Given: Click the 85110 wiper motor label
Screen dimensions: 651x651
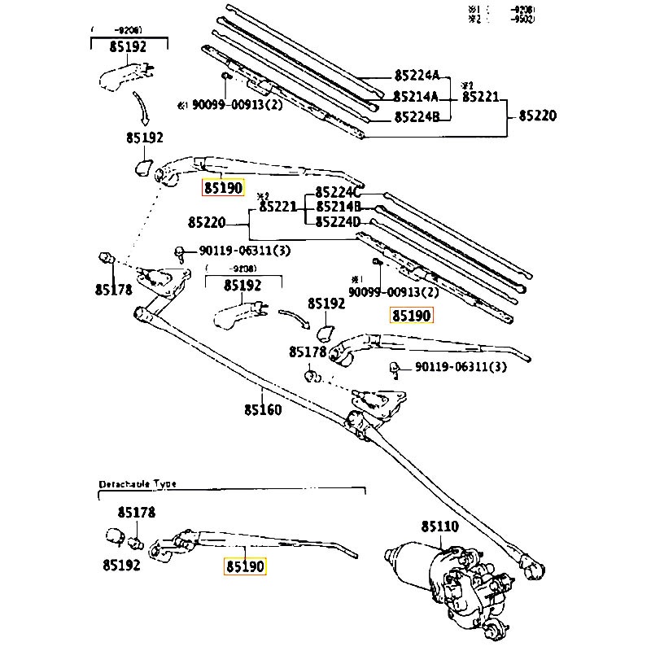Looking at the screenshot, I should [439, 527].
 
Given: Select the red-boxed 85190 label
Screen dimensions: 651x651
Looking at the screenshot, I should [224, 188].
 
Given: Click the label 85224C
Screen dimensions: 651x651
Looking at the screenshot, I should [338, 192].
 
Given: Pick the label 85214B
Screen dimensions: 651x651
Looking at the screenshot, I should [338, 207].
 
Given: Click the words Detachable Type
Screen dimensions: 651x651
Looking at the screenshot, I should [138, 483].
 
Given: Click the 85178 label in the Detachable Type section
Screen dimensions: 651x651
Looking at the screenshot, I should [136, 513].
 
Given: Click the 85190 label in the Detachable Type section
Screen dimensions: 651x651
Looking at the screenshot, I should [246, 565].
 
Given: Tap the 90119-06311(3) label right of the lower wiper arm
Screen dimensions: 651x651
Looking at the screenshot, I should [461, 367].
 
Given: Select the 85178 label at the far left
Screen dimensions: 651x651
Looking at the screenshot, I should [113, 289].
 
